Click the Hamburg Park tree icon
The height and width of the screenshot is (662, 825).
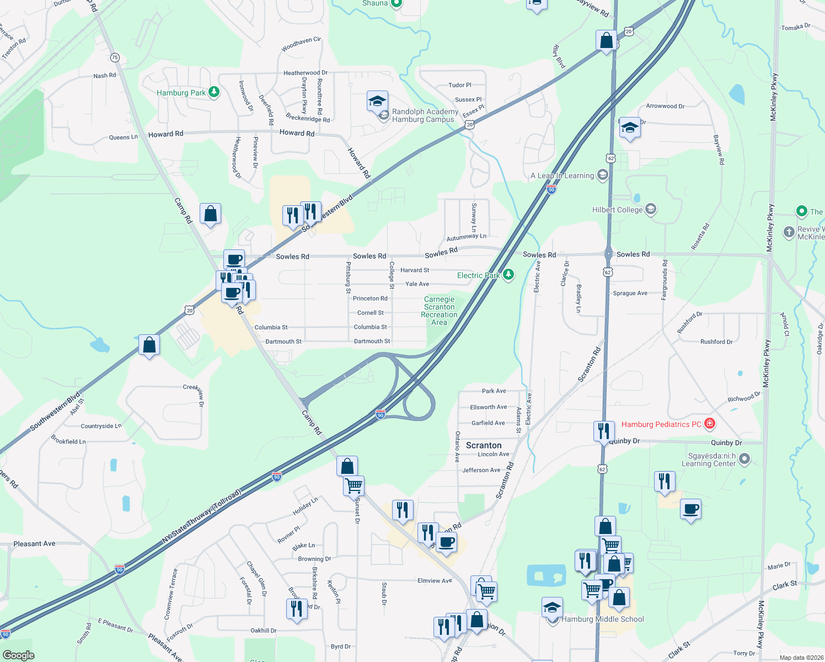pyautogui.click(x=214, y=92)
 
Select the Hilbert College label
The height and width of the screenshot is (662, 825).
pyautogui.click(x=617, y=210)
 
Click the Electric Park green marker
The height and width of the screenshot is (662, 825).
pyautogui.click(x=508, y=274)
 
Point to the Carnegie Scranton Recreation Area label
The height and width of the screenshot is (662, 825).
pyautogui.click(x=439, y=311)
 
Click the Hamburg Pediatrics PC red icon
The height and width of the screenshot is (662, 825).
pyautogui.click(x=710, y=424)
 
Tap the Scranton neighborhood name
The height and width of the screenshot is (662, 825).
pyautogui.click(x=484, y=445)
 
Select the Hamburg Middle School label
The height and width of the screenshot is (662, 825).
pyautogui.click(x=602, y=619)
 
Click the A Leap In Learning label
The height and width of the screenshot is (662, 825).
pyautogui.click(x=562, y=175)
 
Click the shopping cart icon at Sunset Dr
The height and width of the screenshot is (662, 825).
pyautogui.click(x=353, y=486)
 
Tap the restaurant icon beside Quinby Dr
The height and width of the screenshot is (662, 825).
pyautogui.click(x=604, y=431)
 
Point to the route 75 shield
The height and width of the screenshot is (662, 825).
pyautogui.click(x=115, y=57)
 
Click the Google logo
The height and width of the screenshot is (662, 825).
pyautogui.click(x=19, y=655)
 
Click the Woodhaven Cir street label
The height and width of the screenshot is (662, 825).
pyautogui.click(x=301, y=44)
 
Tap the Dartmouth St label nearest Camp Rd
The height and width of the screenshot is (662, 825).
pyautogui.click(x=283, y=341)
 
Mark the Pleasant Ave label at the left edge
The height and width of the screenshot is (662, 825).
pyautogui.click(x=34, y=543)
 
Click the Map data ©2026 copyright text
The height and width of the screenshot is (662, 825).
pyautogui.click(x=799, y=657)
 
